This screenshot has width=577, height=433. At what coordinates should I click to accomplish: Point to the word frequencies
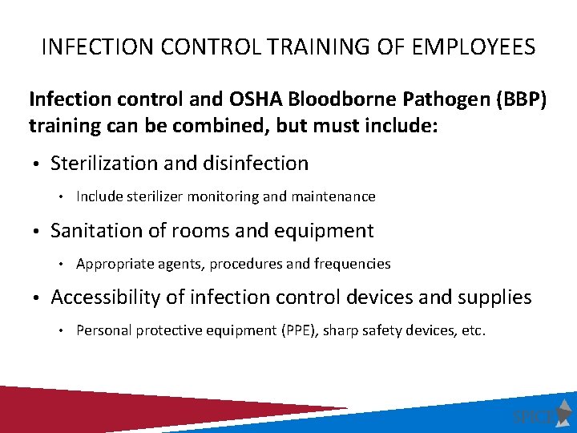356,264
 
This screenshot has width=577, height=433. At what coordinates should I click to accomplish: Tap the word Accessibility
108,297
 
